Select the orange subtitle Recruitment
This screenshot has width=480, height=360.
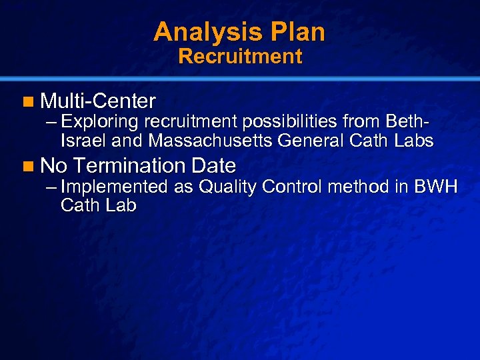pyautogui.click(x=240, y=56)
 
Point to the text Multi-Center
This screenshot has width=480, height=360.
pyautogui.click(x=98, y=101)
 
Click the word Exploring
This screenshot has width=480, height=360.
pyautogui.click(x=99, y=123)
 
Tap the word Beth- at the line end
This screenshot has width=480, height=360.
pyautogui.click(x=407, y=123)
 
